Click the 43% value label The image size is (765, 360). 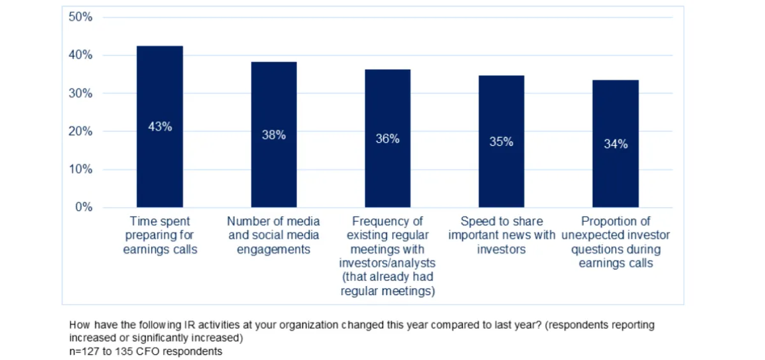tap(160, 127)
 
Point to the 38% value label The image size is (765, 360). tap(273, 135)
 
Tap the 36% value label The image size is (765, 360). tap(387, 139)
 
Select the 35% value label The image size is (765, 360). tap(501, 142)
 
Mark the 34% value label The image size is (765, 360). tap(616, 144)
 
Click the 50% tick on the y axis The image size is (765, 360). tap(81, 17)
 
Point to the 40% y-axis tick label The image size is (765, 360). tap(81, 55)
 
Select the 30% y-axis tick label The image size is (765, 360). tap(81, 94)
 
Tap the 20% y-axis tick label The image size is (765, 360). tap(81, 131)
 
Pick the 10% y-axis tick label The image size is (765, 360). tap(81, 169)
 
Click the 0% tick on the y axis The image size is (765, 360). tap(84, 207)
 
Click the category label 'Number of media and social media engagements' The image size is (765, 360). tap(273, 235)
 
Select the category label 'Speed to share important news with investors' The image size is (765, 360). tap(501, 235)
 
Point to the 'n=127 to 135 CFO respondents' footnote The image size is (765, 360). tap(145, 351)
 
